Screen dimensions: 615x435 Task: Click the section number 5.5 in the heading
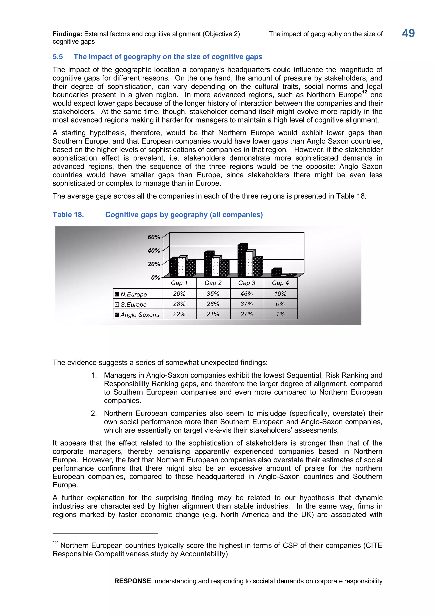pyautogui.click(x=58, y=57)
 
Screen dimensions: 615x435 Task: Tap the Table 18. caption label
pyautogui.click(x=68, y=215)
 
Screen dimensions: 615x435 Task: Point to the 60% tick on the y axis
pyautogui.click(x=154, y=237)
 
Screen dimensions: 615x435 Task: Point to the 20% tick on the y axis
pyautogui.click(x=154, y=264)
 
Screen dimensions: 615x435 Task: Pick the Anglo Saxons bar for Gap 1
pyautogui.click(x=190, y=269)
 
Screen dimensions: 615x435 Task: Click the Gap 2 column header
pyautogui.click(x=213, y=283)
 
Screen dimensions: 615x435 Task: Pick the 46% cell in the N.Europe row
pyautogui.click(x=246, y=294)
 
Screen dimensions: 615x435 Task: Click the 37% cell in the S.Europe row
pyautogui.click(x=246, y=304)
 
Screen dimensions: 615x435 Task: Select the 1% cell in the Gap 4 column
pyautogui.click(x=280, y=314)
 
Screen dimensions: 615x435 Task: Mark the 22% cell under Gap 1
pyautogui.click(x=179, y=314)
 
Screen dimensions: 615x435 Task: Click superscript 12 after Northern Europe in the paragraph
pyautogui.click(x=364, y=92)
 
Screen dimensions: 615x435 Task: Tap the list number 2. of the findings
pyautogui.click(x=94, y=413)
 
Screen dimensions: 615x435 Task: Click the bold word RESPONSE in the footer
pyautogui.click(x=132, y=581)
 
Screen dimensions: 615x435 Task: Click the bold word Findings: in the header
pyautogui.click(x=67, y=34)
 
